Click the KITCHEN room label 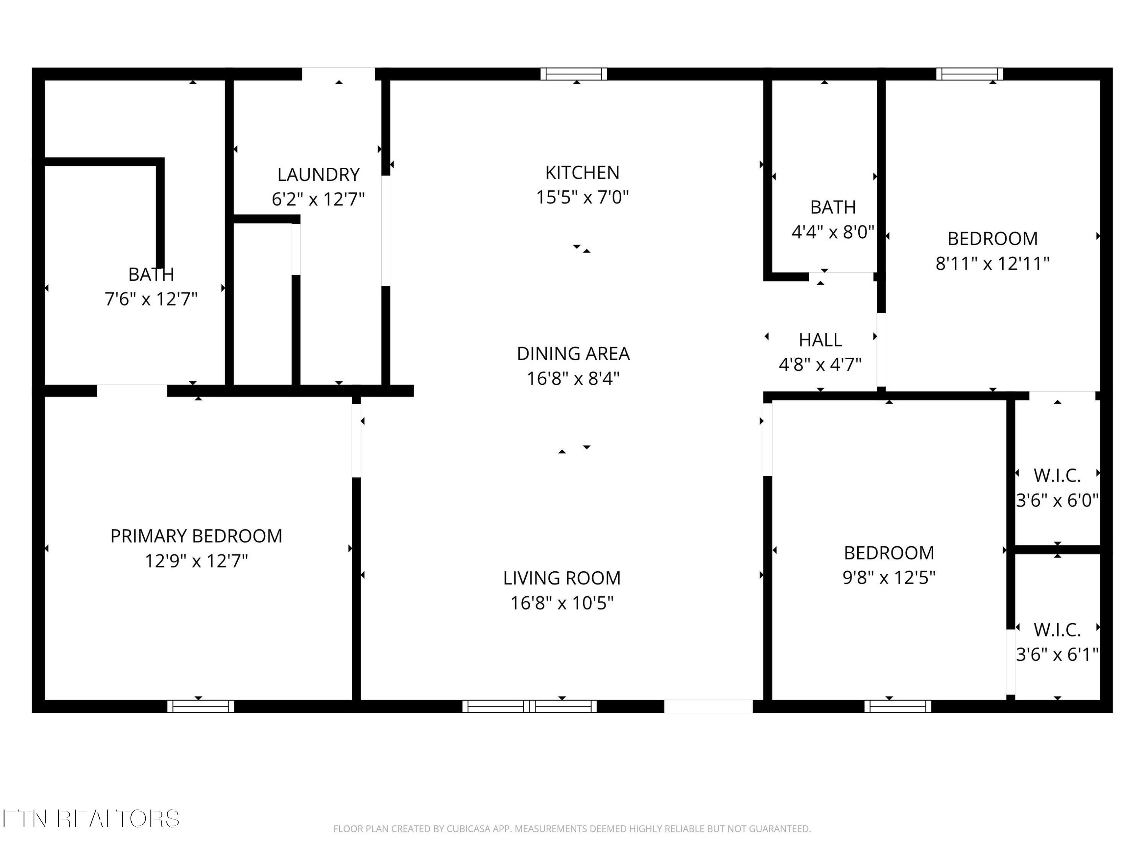pos(582,172)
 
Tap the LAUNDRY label pos(318,175)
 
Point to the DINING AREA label pos(573,354)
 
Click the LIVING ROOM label pos(562,578)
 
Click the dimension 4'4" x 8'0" pos(833,232)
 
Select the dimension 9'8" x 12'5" pos(889,578)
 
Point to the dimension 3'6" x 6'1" pos(1057,655)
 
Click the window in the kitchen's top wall pos(574,74)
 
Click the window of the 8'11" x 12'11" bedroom pos(969,74)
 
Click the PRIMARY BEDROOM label pos(196,536)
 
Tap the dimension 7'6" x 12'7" pos(151,299)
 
